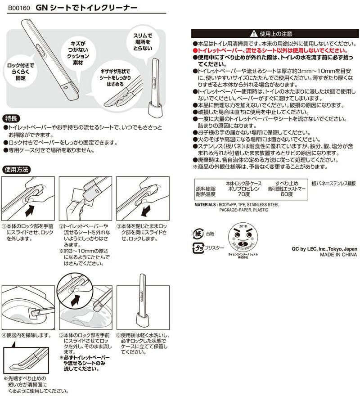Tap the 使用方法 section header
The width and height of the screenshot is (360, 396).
[x=17, y=170]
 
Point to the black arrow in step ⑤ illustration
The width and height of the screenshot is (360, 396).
[x=79, y=299]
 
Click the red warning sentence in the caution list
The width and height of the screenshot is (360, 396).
[x=267, y=52]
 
